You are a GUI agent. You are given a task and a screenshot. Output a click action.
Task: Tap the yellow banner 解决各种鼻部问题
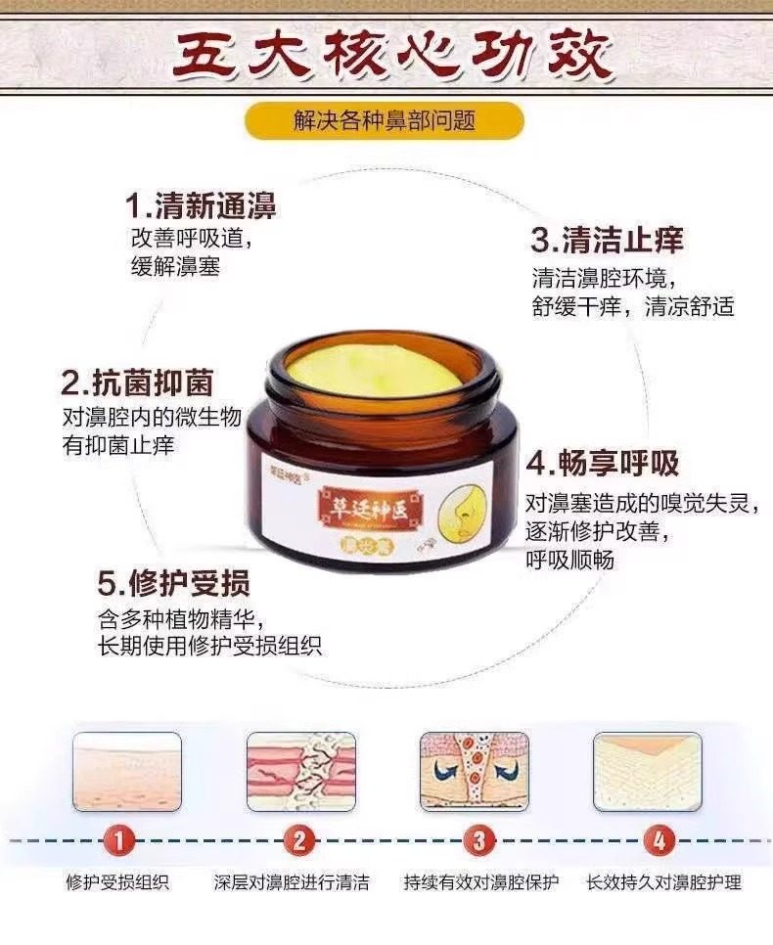[385, 121]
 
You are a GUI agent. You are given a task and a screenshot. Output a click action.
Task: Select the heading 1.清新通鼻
[201, 206]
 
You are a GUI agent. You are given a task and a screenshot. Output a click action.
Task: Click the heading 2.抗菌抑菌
[137, 382]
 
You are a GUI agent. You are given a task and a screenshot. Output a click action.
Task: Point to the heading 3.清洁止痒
[607, 240]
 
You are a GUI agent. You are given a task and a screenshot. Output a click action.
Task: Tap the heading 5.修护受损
[174, 584]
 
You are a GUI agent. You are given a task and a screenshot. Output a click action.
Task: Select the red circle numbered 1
[117, 839]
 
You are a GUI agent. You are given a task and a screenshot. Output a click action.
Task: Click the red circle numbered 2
[299, 839]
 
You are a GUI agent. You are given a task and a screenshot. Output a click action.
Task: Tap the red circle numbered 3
[478, 839]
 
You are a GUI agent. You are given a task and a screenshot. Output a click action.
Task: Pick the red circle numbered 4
[659, 839]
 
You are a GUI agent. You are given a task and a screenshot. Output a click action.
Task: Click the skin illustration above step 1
[127, 772]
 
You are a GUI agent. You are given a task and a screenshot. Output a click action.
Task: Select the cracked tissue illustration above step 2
[301, 772]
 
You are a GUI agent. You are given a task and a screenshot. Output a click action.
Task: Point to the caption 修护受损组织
[117, 882]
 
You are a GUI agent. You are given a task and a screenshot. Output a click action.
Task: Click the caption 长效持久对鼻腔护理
[663, 882]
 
